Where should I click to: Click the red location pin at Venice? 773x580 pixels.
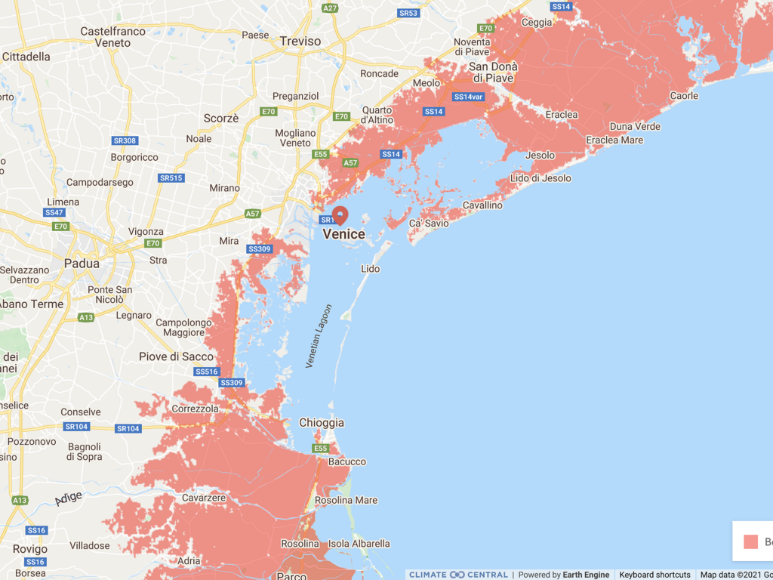340,215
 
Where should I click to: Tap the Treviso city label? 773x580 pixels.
300,42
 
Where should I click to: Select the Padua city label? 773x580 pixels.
82,264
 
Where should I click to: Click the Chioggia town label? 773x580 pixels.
322,423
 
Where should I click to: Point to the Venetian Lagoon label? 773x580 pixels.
319,336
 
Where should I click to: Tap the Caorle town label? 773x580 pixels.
684,96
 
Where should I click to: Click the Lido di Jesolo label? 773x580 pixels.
541,178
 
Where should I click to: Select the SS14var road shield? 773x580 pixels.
468,97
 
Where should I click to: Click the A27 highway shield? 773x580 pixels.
330,8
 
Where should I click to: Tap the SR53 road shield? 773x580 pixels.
408,13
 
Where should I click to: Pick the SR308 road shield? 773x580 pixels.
125,140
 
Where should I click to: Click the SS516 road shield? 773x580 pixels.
206,372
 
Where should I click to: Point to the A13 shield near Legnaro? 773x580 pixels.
87,318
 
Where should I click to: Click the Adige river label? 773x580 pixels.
69,498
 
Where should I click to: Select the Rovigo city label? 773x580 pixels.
30,549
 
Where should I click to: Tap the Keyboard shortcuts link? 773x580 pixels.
654,575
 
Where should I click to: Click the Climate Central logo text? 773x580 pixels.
458,575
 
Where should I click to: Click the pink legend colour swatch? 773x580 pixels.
750,541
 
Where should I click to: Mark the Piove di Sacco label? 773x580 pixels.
176,356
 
